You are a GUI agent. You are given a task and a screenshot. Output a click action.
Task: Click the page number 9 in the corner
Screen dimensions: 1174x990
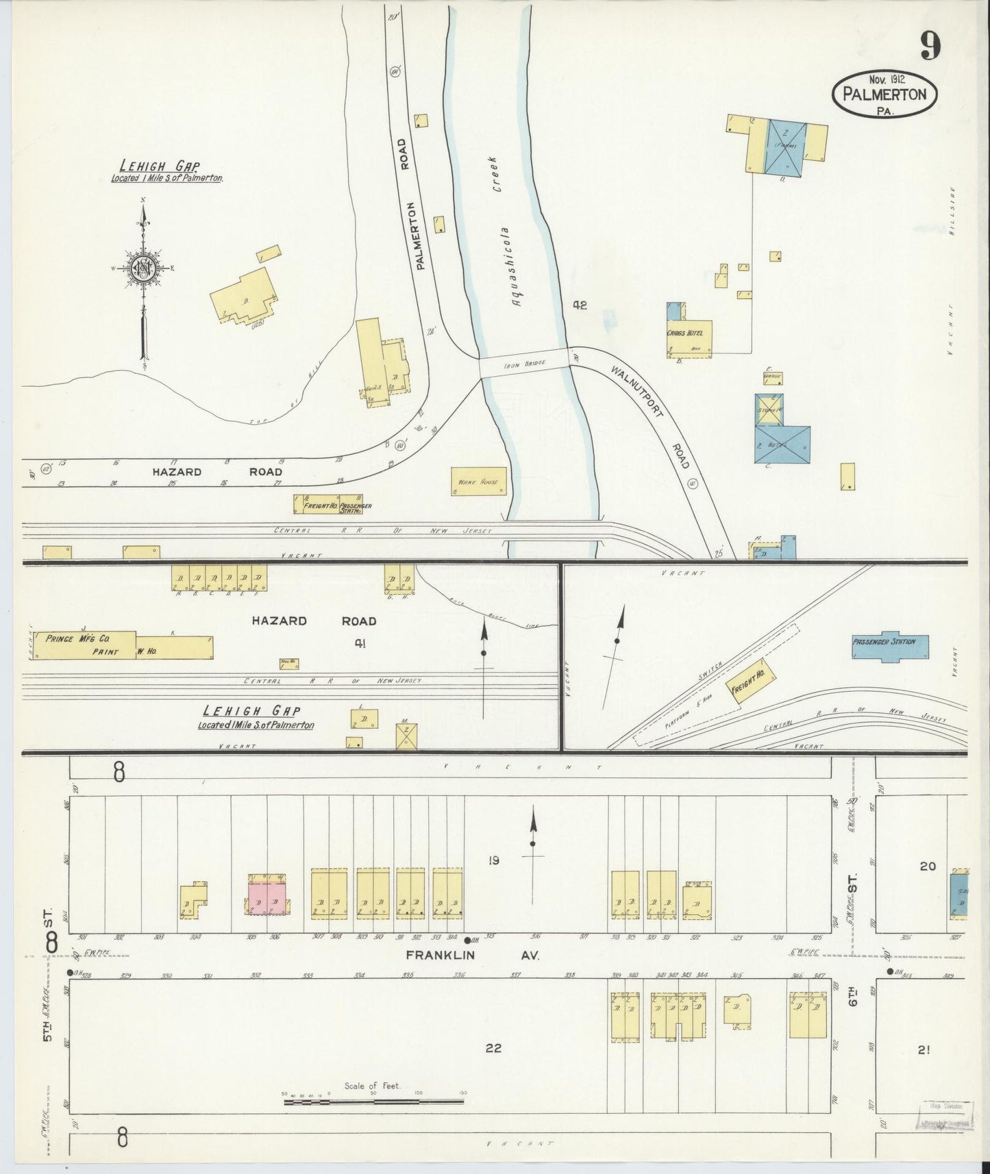[x=930, y=47]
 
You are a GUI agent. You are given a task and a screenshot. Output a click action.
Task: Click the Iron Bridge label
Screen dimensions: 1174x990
[x=524, y=364]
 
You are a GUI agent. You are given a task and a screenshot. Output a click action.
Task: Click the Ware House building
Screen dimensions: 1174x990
[x=478, y=482]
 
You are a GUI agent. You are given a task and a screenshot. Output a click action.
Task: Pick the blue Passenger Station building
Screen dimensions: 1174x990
[x=890, y=645]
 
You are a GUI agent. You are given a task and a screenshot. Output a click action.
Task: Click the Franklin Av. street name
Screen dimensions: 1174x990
[x=472, y=954]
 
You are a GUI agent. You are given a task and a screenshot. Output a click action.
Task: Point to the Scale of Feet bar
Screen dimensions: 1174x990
[x=373, y=1102]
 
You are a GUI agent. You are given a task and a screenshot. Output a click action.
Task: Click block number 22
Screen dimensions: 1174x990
[x=493, y=1048]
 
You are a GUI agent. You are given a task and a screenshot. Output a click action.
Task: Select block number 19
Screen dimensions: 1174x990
[x=493, y=860]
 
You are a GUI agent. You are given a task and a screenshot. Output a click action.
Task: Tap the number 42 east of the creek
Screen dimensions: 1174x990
[x=580, y=305]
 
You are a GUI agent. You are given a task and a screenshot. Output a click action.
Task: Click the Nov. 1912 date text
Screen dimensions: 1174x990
[x=884, y=79]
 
